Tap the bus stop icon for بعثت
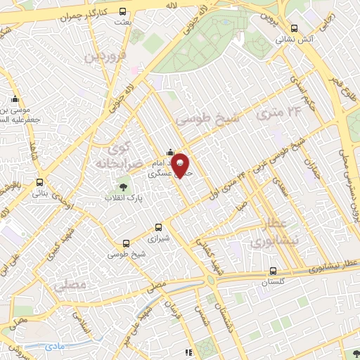tap(123, 12)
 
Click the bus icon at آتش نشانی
tap(294, 28)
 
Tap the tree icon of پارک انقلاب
tap(124, 187)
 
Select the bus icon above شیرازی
tap(158, 227)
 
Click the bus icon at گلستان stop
tap(273, 271)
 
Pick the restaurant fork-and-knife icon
tap(187, 352)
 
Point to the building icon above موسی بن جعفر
tap(15, 99)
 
